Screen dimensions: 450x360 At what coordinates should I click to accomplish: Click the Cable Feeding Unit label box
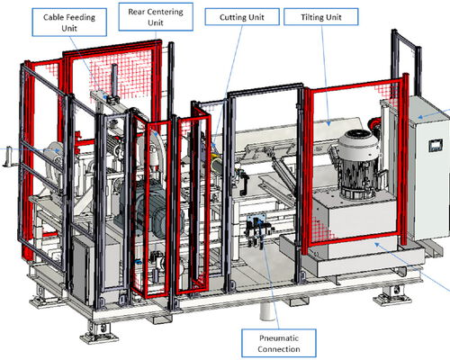coord(69,22)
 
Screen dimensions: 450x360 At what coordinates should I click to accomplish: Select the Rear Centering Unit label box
coord(156,17)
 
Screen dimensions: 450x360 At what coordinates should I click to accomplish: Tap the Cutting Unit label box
coord(242,17)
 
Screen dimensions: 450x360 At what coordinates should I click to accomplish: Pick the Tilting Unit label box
coord(321,17)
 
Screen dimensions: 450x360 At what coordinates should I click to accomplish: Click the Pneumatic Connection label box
coord(279,344)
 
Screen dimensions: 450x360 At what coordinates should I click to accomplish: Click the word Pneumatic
coord(279,338)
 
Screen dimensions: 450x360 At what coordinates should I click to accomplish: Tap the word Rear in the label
coord(135,12)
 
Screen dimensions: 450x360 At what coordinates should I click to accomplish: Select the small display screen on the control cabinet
coord(436,146)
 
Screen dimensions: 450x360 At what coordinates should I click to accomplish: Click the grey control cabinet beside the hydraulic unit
coord(427,168)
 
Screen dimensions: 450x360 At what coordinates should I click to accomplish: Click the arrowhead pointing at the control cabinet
coord(421,117)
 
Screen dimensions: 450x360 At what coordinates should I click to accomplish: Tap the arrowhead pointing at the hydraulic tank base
coord(377,245)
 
